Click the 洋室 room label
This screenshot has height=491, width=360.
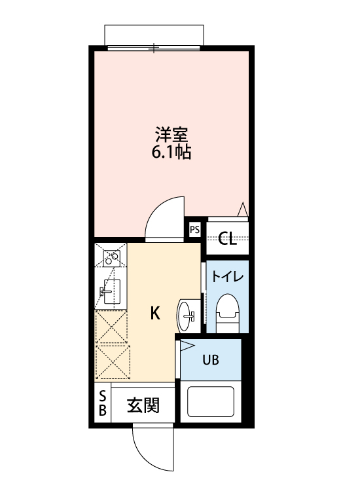point(172,136)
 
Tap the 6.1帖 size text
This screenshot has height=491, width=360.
point(172,155)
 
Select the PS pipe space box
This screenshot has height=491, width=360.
point(194,229)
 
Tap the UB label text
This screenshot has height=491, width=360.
point(210,359)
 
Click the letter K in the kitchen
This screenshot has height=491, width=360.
point(155,314)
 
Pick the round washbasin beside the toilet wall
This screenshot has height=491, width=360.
point(186,316)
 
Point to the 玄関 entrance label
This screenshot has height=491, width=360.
point(143,406)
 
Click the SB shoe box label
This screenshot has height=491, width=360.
point(102,403)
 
